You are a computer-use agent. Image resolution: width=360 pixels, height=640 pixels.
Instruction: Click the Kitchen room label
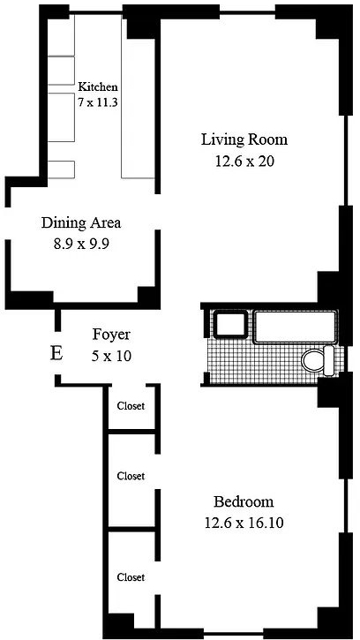coord(98,87)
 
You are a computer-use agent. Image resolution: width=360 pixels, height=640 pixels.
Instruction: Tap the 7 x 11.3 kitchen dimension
coord(98,102)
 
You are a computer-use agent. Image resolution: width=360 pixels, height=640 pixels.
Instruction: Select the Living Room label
coord(244,139)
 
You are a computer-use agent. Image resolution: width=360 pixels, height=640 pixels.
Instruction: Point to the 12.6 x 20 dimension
coord(244,162)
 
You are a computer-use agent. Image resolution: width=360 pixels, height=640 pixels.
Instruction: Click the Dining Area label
coord(81,223)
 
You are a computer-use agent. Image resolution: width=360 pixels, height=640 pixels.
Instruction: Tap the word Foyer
coord(111,335)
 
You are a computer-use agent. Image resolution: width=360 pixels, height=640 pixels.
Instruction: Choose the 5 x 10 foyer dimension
coord(111,356)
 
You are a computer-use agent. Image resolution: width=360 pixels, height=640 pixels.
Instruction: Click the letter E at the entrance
coord(56,353)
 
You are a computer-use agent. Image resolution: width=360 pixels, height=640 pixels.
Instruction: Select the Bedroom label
coord(244,501)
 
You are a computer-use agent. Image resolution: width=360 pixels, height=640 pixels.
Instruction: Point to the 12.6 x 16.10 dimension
coord(244,523)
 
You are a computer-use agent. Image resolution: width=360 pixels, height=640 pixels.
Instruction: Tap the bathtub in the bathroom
coord(296,327)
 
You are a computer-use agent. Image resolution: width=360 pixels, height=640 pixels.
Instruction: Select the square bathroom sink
coord(230,325)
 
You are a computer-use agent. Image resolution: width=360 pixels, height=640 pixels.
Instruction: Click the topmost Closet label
coord(131,406)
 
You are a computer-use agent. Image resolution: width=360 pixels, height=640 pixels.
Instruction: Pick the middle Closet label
coord(131,476)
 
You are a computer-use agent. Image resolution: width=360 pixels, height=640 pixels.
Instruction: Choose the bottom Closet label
coord(131,577)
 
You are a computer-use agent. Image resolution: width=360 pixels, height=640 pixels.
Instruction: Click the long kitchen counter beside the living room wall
coord(138,98)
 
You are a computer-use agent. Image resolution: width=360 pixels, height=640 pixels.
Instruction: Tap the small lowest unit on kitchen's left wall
coord(61,169)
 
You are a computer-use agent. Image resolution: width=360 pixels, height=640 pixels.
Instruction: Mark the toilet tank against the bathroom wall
coord(329,360)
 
